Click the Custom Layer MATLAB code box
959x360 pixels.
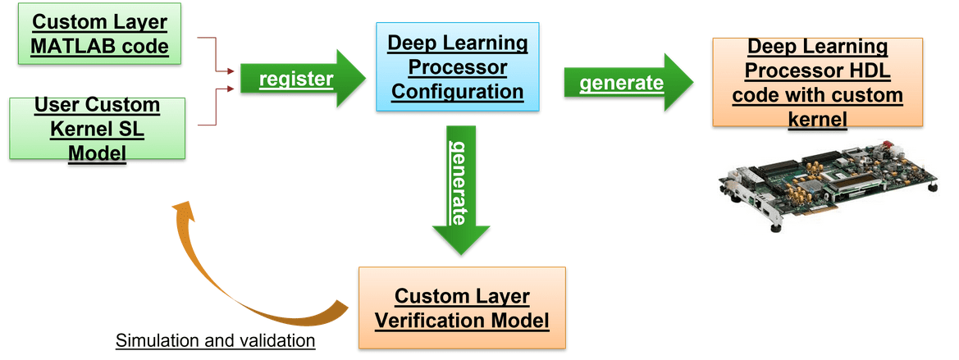point(99,34)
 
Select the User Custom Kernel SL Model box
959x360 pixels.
point(97,129)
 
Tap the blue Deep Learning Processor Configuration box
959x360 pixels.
point(457,66)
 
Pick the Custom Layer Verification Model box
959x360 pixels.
point(462,308)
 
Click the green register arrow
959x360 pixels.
point(302,79)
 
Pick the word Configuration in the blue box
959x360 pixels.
point(457,90)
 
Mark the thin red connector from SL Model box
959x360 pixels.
point(215,107)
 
